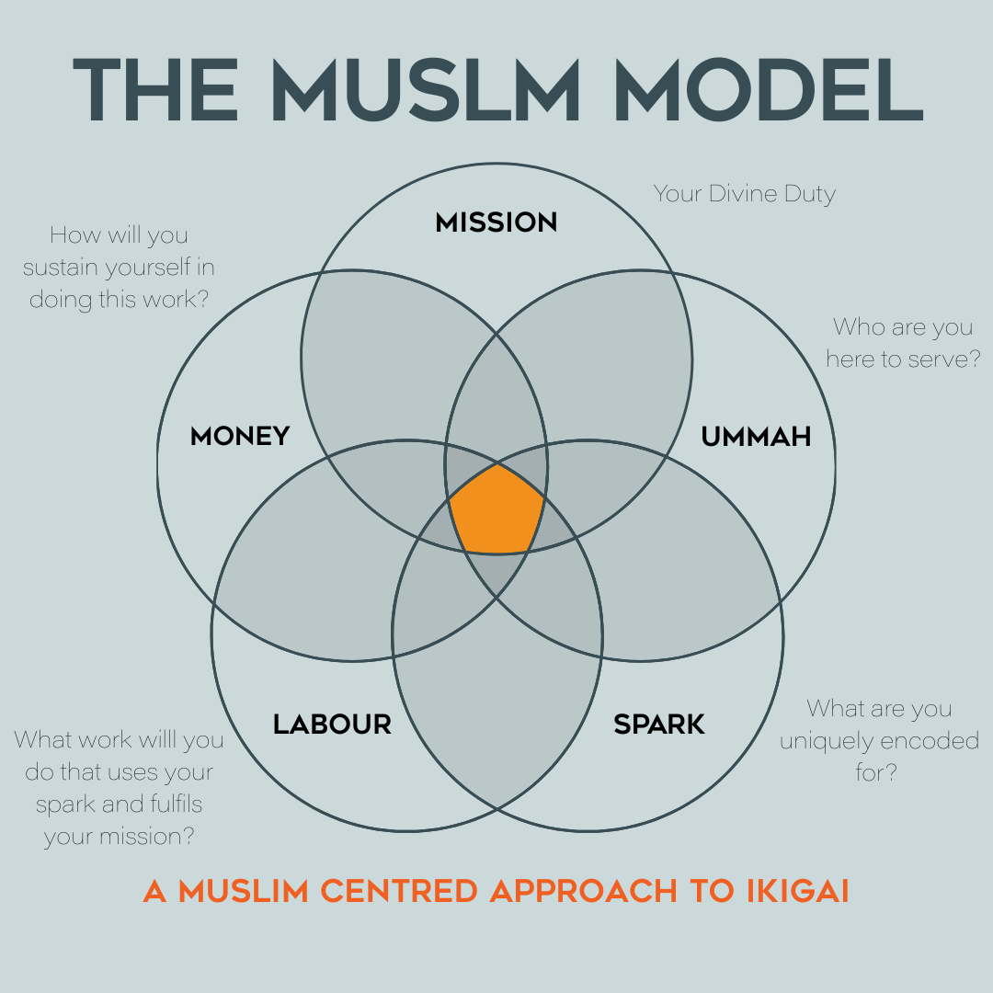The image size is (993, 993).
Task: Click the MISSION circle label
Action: pos(496,223)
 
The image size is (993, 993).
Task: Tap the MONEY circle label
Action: pos(240,436)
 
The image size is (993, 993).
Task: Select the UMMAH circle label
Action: pos(756,436)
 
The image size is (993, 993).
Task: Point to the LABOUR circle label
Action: pos(332,725)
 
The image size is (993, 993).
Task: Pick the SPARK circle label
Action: pos(659,725)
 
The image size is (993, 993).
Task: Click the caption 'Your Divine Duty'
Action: pos(745,194)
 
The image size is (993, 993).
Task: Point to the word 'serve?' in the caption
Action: pos(943,359)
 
